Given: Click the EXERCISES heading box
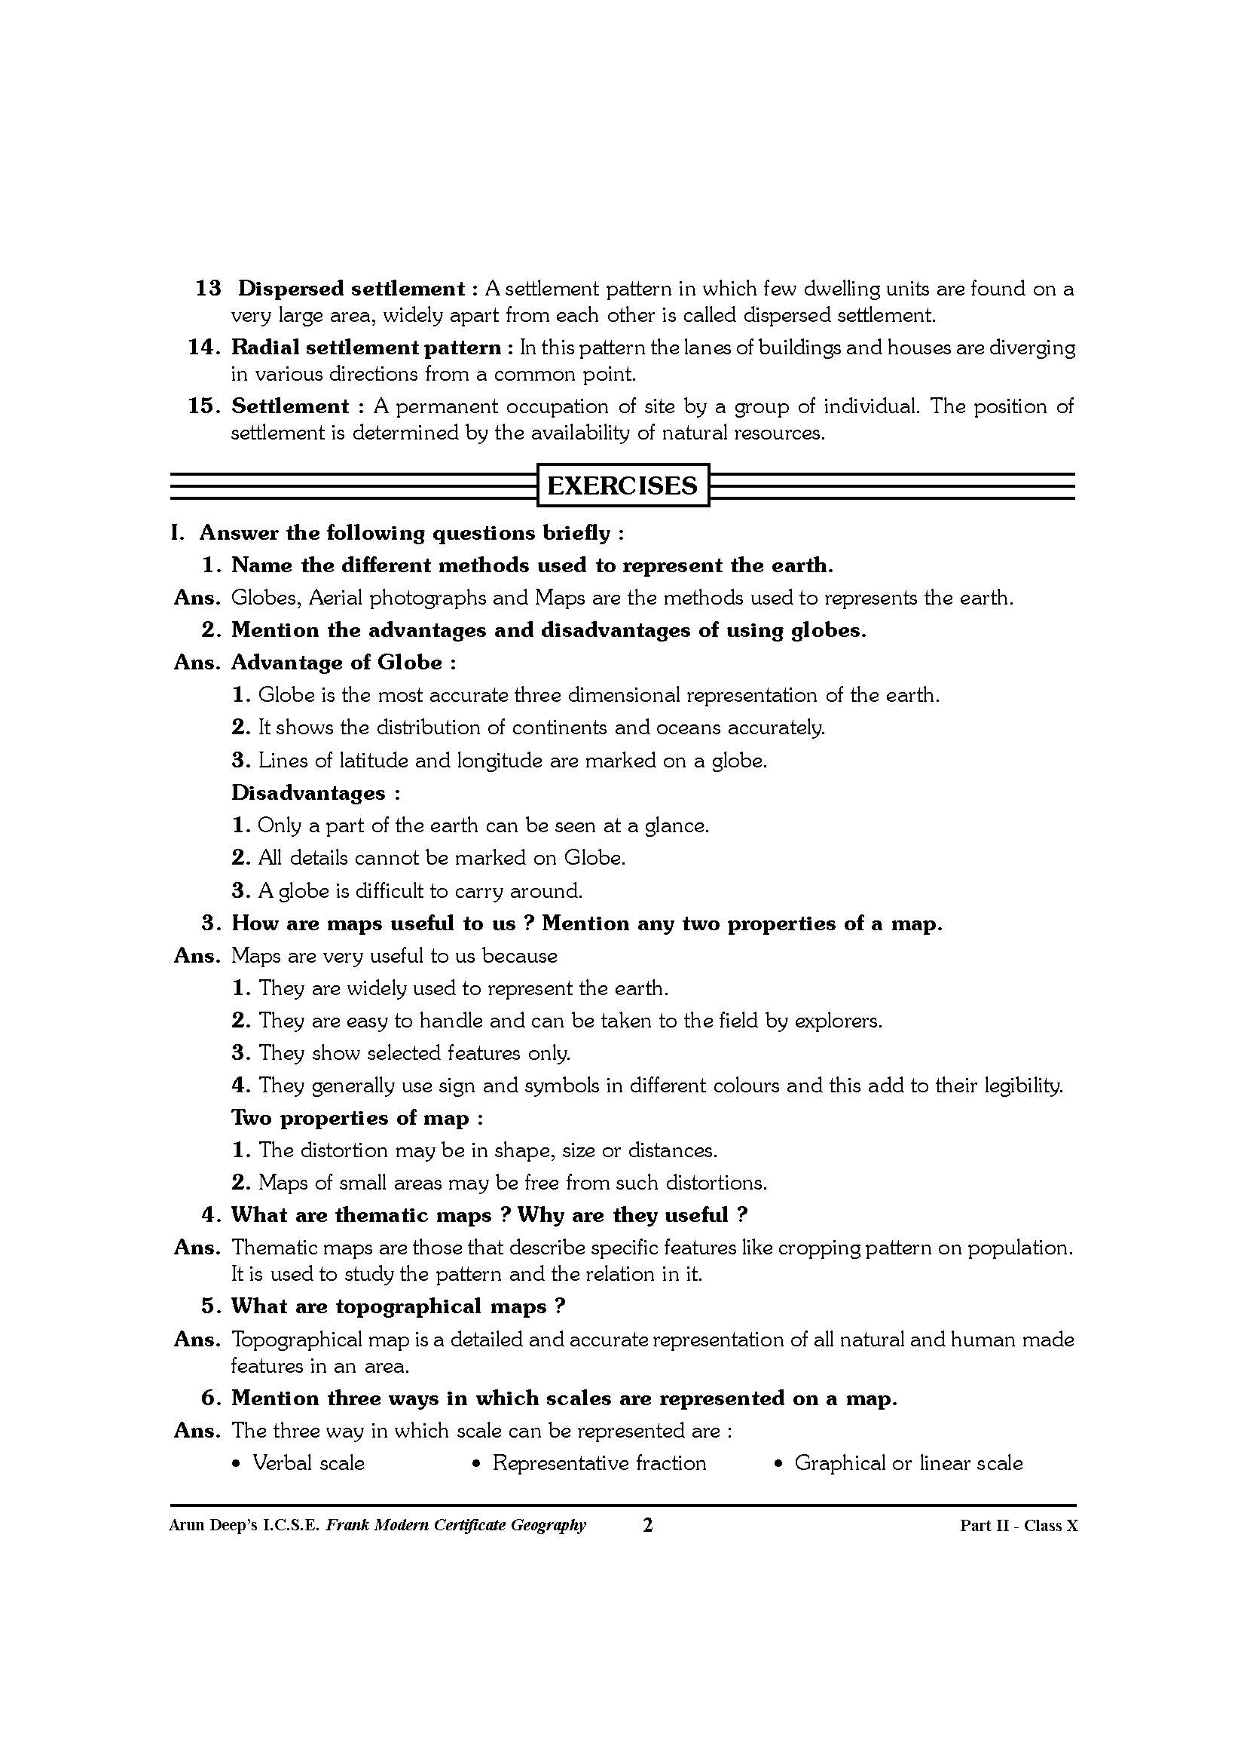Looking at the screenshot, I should (x=622, y=485).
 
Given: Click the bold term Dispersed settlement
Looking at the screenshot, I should (x=351, y=289).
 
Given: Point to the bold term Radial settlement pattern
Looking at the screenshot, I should (x=366, y=348).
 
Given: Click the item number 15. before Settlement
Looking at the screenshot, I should (x=205, y=406).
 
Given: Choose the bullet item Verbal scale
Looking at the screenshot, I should (x=308, y=1462).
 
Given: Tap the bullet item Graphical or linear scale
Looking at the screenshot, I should (x=909, y=1462).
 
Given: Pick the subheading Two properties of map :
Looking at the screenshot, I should (x=357, y=1118).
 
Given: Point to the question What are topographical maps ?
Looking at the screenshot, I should (x=399, y=1306).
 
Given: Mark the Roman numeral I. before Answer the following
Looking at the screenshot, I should (x=178, y=533).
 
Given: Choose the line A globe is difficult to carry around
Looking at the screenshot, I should (x=420, y=891).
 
